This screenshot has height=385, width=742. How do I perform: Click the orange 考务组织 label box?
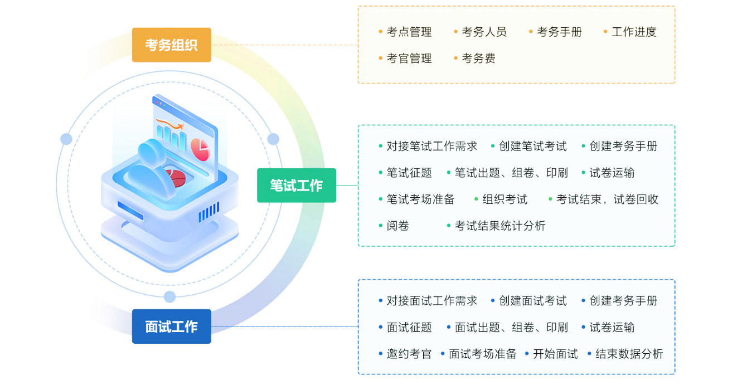point(172,45)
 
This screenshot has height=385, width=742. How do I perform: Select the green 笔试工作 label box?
point(297,186)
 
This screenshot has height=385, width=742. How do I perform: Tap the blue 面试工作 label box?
point(172,326)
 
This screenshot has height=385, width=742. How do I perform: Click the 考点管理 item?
point(409,32)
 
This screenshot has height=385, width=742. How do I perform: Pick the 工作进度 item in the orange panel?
point(634,32)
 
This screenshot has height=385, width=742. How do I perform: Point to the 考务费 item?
point(478,59)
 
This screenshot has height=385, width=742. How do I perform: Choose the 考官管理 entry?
point(409,59)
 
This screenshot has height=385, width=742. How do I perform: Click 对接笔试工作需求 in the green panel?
point(432,147)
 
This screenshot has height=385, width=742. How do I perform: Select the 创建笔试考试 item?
point(532,147)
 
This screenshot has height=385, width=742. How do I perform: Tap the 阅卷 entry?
point(398,226)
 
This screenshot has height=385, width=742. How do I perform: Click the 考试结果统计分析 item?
point(500,226)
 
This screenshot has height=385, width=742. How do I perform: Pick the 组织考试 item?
point(505,199)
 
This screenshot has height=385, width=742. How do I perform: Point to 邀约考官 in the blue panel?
point(409,354)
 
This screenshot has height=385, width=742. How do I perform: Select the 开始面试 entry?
point(555,354)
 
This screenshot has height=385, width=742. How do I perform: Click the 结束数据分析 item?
point(629,354)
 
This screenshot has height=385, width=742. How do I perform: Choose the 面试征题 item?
point(409,328)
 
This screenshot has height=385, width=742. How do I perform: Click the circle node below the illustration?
point(171,294)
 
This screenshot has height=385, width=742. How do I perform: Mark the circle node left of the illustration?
point(66,139)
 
